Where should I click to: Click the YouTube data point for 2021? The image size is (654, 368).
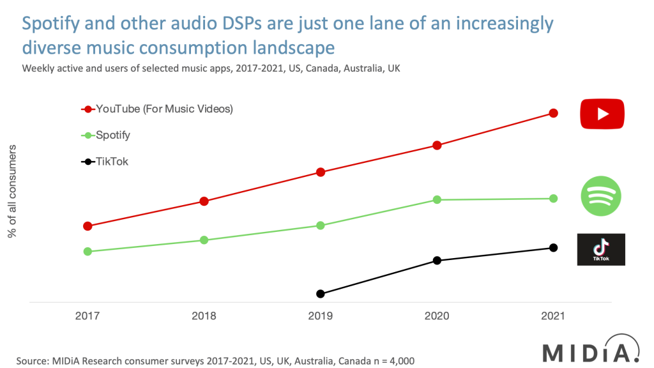[554, 113]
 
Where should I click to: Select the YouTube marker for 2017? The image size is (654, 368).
[87, 226]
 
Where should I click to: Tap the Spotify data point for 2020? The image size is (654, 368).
[437, 199]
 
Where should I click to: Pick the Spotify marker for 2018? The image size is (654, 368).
[204, 240]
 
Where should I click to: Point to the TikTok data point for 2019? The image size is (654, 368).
[321, 294]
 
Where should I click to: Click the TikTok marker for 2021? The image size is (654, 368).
[554, 248]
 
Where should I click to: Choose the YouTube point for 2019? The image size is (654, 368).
[321, 172]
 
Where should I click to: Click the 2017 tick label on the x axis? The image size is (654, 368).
[87, 316]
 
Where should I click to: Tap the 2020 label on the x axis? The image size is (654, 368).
[437, 316]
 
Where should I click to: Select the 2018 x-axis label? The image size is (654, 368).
[204, 316]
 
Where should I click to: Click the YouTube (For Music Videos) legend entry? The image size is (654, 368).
[163, 109]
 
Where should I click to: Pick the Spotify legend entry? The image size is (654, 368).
[112, 135]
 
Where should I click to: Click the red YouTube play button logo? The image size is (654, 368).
[602, 114]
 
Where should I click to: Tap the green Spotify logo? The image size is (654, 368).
[601, 195]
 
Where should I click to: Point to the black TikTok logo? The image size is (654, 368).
[601, 249]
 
